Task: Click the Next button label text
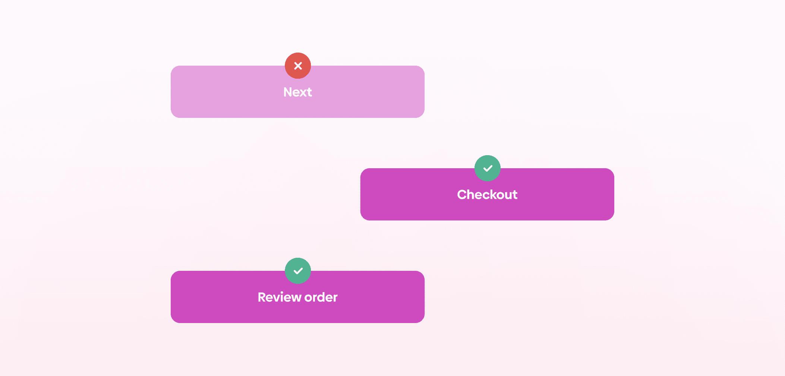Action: click(x=297, y=92)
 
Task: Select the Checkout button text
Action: click(x=487, y=195)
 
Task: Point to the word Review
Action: click(x=279, y=297)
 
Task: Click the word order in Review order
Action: click(x=321, y=297)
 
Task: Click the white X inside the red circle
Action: click(x=298, y=66)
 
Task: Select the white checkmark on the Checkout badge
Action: click(x=488, y=168)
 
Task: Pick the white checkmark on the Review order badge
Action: click(x=298, y=271)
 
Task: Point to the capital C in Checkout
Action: click(x=463, y=195)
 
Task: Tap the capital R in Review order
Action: click(x=262, y=297)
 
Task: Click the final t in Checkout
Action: click(x=515, y=195)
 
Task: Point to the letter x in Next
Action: click(x=303, y=93)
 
